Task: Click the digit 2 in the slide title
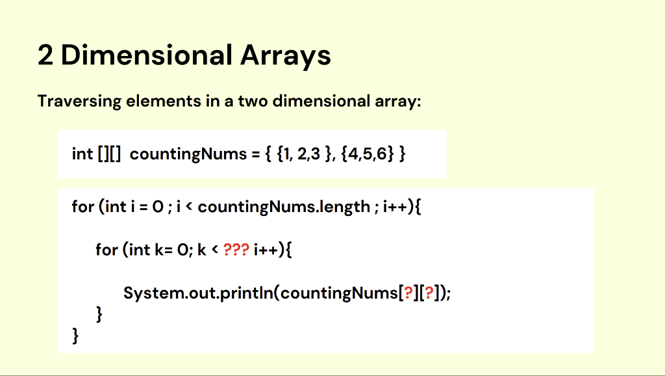coord(45,55)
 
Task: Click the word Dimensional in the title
coord(147,55)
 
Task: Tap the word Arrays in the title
coord(286,57)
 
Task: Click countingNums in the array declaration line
coord(188,154)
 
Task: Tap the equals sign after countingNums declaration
coord(255,154)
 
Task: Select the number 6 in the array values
coord(382,154)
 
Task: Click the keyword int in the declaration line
coord(82,154)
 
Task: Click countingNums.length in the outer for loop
coord(284,207)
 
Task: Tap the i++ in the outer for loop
coord(395,206)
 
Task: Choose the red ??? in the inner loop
coord(236,249)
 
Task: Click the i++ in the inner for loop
coord(266,249)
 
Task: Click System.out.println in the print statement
coord(199,293)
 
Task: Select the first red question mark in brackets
coord(408,293)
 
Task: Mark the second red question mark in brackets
coord(429,293)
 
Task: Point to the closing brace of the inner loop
coord(99,314)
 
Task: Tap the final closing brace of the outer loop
coord(75,336)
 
